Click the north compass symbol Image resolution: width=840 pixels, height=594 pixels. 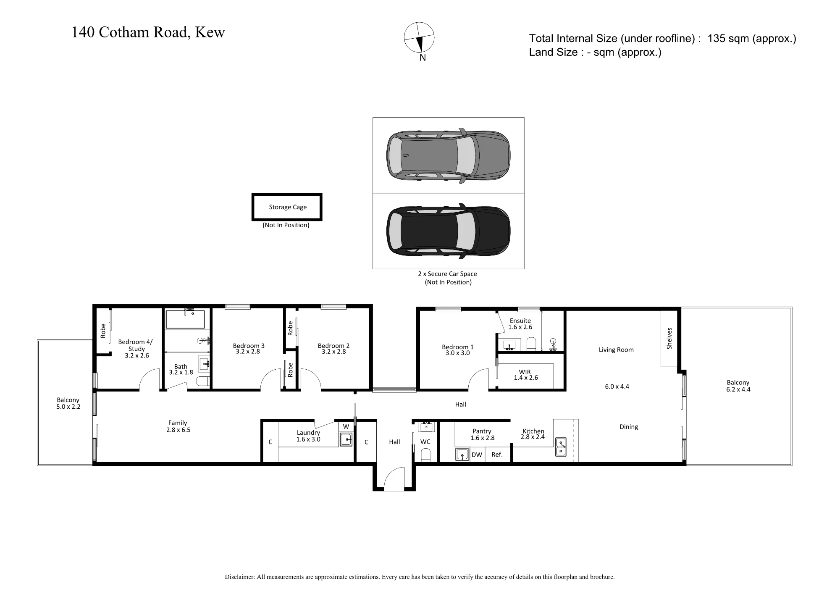click(x=419, y=37)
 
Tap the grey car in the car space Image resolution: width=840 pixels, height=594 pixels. click(x=449, y=155)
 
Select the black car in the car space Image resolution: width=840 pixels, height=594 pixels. click(x=449, y=231)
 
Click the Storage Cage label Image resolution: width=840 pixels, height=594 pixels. click(x=288, y=207)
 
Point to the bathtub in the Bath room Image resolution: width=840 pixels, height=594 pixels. click(x=185, y=319)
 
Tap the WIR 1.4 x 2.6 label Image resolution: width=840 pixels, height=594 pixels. click(x=525, y=375)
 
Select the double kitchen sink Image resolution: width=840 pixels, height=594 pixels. click(x=561, y=447)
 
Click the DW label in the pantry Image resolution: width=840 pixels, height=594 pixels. click(x=477, y=455)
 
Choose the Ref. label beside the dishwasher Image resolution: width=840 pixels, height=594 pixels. click(x=497, y=455)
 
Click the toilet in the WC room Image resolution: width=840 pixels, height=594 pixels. click(x=425, y=455)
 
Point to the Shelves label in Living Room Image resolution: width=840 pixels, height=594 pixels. click(x=669, y=338)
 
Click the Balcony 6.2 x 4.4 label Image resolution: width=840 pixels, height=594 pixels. click(x=738, y=386)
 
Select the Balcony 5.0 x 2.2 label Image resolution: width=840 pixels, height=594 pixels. click(x=68, y=403)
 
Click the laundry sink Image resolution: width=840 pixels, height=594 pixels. click(x=346, y=440)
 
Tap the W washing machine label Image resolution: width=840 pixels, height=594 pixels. click(x=346, y=427)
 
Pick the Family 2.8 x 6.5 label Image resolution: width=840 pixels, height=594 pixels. click(x=178, y=426)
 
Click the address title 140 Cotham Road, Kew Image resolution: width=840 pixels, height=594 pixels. click(x=148, y=32)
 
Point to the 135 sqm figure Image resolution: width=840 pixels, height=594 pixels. click(x=728, y=38)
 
